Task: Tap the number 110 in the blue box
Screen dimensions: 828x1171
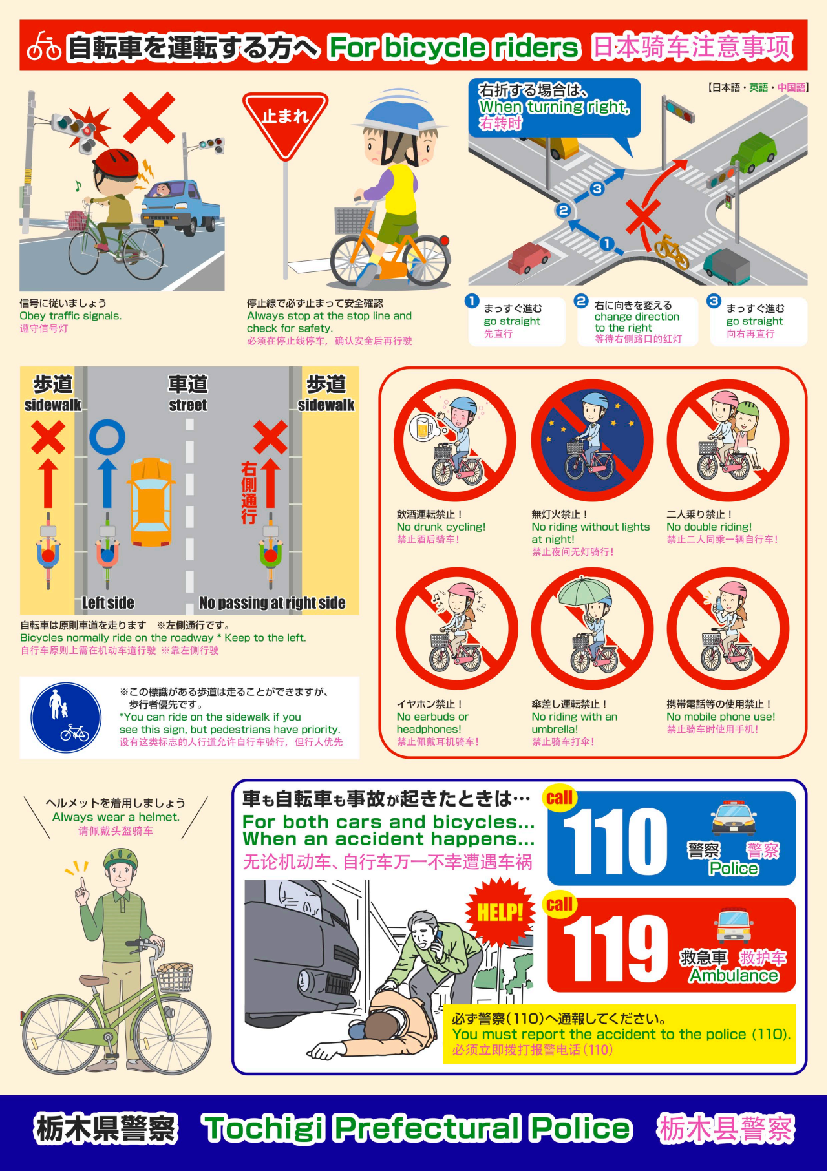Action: coord(615,841)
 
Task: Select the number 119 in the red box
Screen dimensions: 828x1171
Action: coord(615,948)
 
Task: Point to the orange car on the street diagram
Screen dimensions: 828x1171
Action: coord(151,501)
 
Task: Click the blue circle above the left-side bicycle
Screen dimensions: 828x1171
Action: coord(107,437)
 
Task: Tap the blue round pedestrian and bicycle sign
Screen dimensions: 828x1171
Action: coord(66,719)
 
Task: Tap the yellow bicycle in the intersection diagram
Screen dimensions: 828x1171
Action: coord(671,251)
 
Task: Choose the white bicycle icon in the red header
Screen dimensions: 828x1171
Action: coord(44,47)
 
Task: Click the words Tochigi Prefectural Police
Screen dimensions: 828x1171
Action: coord(417,1128)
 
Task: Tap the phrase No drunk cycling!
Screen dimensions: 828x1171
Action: coord(441,527)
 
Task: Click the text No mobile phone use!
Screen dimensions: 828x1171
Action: coord(721,717)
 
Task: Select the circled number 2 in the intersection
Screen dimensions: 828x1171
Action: coord(563,210)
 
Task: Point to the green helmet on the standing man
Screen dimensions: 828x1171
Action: coord(121,860)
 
